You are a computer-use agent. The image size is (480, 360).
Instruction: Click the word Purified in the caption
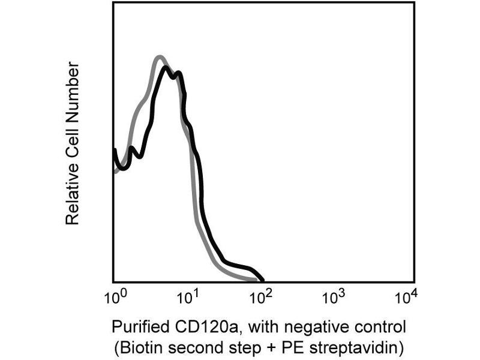pyautogui.click(x=137, y=328)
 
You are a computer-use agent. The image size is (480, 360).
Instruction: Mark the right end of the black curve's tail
pyautogui.click(x=262, y=280)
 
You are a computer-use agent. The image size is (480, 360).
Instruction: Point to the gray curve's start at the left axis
pyautogui.click(x=115, y=171)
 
